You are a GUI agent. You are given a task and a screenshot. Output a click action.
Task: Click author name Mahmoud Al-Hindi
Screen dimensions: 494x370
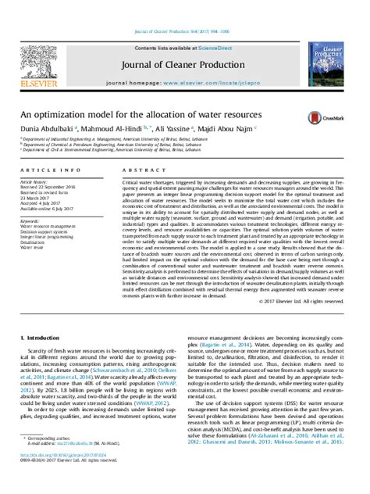[119, 127]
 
